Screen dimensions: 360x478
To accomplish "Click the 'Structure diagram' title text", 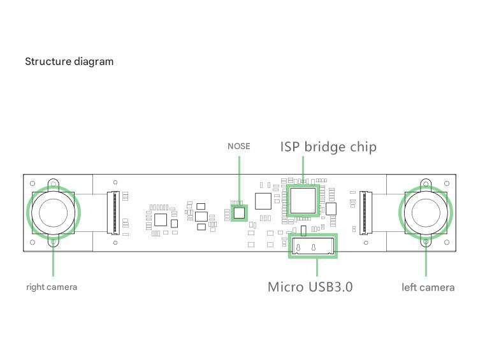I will (69, 62).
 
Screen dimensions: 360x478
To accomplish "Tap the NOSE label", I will (239, 147).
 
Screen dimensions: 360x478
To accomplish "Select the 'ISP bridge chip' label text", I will (328, 147).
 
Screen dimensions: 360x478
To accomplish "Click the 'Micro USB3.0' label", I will (310, 287).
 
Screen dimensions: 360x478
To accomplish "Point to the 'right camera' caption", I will (52, 287).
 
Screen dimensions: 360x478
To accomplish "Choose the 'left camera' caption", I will (428, 287).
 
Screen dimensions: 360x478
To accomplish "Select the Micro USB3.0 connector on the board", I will (312, 246).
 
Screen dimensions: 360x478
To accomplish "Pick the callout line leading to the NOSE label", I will (239, 178).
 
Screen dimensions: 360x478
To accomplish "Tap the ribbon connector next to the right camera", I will (115, 212).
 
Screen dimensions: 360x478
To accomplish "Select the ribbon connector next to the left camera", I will (365, 212).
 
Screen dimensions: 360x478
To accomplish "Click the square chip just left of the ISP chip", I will (263, 201).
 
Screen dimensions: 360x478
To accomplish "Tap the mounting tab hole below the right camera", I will (53, 241).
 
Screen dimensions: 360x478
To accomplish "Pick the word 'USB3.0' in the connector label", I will (331, 287).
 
